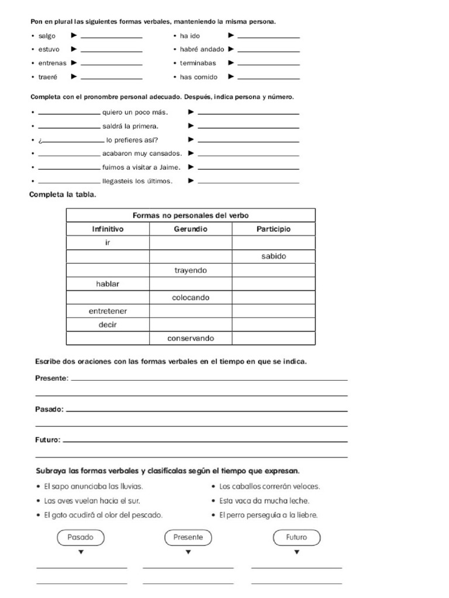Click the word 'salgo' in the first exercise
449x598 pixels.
47,36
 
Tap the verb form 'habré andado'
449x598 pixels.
202,50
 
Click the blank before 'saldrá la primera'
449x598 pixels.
69,126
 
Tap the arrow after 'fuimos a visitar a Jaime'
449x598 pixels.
191,167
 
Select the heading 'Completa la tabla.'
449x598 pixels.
63,195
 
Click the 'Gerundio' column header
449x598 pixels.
191,229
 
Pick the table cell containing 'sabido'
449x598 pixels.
274,256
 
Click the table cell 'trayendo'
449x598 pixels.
191,270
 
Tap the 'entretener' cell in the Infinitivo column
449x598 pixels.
108,311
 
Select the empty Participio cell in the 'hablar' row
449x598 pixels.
274,284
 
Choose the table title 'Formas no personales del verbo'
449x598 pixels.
191,215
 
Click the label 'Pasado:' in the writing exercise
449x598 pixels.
50,409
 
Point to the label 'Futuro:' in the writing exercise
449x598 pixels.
48,440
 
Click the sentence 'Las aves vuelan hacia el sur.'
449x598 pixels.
92,500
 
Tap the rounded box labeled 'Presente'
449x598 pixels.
188,537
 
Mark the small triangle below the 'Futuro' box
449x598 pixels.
297,552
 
